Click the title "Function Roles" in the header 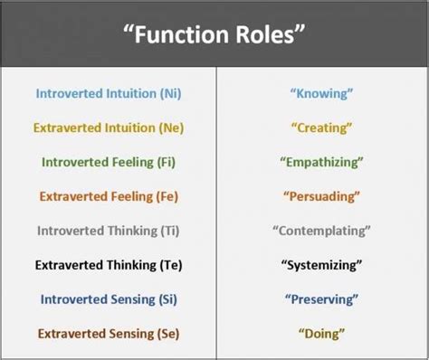(x=214, y=36)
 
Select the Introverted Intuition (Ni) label (x=108, y=92)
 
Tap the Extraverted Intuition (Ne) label (x=108, y=127)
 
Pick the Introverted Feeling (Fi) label (x=108, y=162)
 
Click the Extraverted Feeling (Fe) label (x=108, y=195)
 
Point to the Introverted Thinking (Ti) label (x=108, y=231)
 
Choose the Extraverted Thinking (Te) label (x=108, y=265)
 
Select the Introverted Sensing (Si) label (x=108, y=299)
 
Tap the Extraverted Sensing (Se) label (x=108, y=334)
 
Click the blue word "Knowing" (x=321, y=92)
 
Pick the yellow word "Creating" (x=321, y=127)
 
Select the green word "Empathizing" (x=321, y=162)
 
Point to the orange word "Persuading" (x=321, y=195)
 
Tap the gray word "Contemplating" (x=321, y=231)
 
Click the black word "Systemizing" (x=321, y=265)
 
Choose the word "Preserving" (x=321, y=299)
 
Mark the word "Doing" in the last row (x=321, y=334)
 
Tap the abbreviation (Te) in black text (x=166, y=265)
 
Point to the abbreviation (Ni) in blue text (x=167, y=92)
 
